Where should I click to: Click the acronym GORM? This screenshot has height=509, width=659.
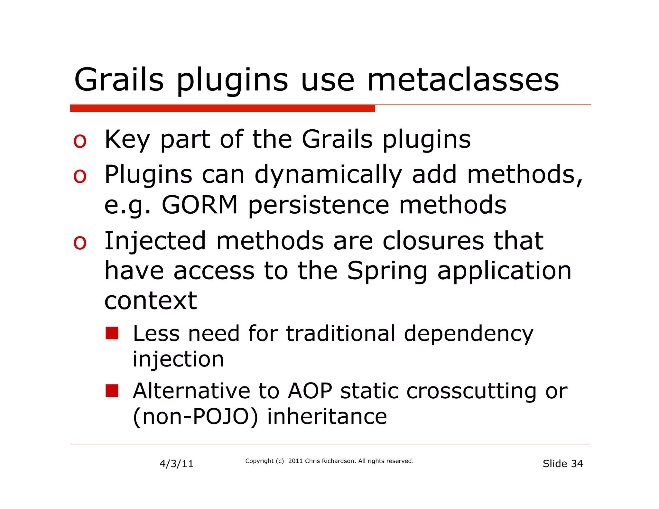(x=200, y=205)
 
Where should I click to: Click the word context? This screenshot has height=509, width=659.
(x=151, y=301)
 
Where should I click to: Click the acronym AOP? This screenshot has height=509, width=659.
(x=310, y=391)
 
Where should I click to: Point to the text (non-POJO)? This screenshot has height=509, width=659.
(x=195, y=417)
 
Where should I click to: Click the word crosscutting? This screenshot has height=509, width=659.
(x=471, y=392)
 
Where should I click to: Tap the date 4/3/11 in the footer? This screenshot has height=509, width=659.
(x=176, y=464)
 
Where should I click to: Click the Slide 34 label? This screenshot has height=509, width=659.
(x=562, y=464)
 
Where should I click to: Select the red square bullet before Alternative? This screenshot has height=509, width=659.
(x=112, y=391)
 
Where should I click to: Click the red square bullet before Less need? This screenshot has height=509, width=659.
(x=112, y=333)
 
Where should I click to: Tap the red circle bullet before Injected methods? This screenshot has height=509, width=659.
(x=80, y=243)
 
